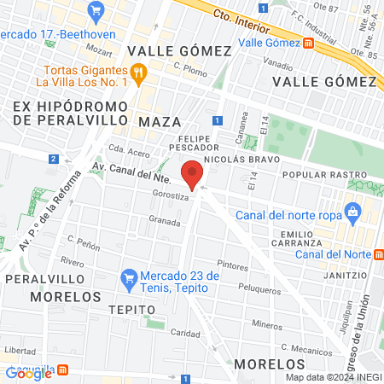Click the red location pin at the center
(194, 173)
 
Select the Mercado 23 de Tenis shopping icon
(129, 277)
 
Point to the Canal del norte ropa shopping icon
(351, 212)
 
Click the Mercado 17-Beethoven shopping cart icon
(95, 11)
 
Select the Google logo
(28, 372)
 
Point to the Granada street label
(165, 219)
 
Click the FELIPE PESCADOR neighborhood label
(201, 143)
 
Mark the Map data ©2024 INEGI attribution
(333, 377)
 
